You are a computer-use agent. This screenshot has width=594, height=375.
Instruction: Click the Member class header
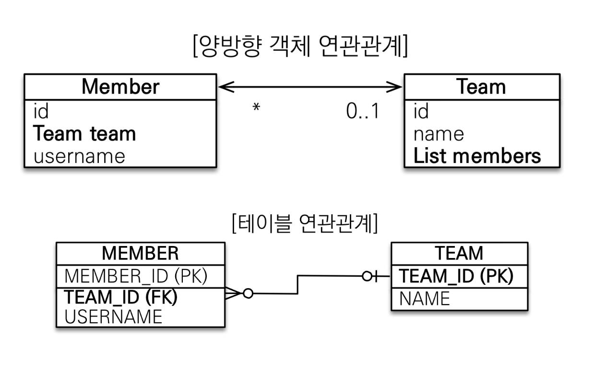point(120,87)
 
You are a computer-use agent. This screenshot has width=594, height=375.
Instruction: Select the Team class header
point(481,86)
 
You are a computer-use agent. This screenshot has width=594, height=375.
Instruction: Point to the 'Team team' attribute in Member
point(84,134)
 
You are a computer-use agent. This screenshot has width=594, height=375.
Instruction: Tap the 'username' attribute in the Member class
point(79,156)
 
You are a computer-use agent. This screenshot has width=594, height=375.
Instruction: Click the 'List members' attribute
point(477,156)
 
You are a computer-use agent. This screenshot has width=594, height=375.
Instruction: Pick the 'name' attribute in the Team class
point(439,134)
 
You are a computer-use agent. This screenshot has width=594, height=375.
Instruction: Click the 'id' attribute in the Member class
point(41,111)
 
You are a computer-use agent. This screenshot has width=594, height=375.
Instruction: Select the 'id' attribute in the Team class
point(421,111)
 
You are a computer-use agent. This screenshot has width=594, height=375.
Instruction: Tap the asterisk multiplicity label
point(256,107)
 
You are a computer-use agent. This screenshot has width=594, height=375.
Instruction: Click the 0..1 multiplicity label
point(363,111)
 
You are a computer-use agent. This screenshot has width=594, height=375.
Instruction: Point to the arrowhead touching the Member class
point(226,87)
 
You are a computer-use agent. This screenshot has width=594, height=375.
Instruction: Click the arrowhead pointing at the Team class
point(394,87)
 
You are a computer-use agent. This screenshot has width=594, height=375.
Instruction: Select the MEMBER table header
point(140,253)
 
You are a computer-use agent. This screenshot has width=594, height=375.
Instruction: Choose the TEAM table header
point(459,253)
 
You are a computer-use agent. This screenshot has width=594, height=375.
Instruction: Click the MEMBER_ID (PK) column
point(136,276)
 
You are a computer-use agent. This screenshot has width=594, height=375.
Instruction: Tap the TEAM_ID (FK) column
point(120,297)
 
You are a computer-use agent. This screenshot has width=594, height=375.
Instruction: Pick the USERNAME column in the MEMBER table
point(113,316)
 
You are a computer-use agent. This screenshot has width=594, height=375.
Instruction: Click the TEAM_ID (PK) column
point(456,276)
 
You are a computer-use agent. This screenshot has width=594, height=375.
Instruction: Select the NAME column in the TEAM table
point(425,299)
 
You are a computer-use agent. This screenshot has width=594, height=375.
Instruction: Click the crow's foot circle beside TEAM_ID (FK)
point(248,293)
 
